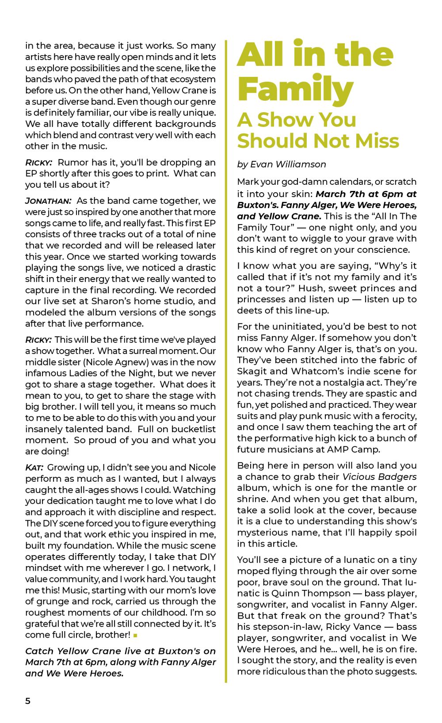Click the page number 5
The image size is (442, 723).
pyautogui.click(x=28, y=701)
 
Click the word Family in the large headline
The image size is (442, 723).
pyautogui.click(x=295, y=89)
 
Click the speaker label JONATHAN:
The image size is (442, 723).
pyautogui.click(x=48, y=201)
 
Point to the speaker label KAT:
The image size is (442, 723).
pyautogui.click(x=34, y=468)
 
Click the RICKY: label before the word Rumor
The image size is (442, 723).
pyautogui.click(x=38, y=163)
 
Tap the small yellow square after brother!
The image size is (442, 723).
pyautogui.click(x=135, y=635)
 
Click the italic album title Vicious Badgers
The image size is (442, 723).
pyautogui.click(x=379, y=477)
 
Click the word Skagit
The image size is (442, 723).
pyautogui.click(x=251, y=371)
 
